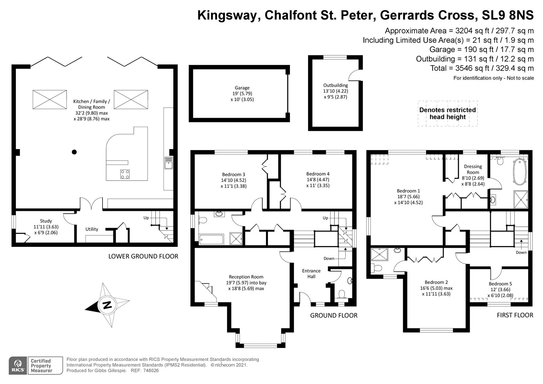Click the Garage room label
[242, 88]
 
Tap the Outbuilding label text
[335, 86]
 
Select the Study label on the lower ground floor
[46, 221]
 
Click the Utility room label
[92, 229]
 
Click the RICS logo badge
[18, 365]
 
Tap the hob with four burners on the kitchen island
[125, 174]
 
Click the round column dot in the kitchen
[74, 152]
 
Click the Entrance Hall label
[311, 273]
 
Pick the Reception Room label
[246, 277]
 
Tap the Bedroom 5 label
[501, 284]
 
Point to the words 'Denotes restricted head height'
[447, 113]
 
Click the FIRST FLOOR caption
[515, 315]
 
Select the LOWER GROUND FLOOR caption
[143, 256]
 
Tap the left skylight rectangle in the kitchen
[50, 99]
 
